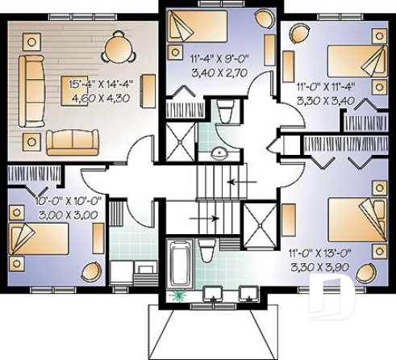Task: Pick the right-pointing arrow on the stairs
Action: [x=206, y=217]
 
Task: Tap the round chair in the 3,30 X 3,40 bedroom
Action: [x=298, y=32]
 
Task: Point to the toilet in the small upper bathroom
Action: [x=226, y=110]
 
